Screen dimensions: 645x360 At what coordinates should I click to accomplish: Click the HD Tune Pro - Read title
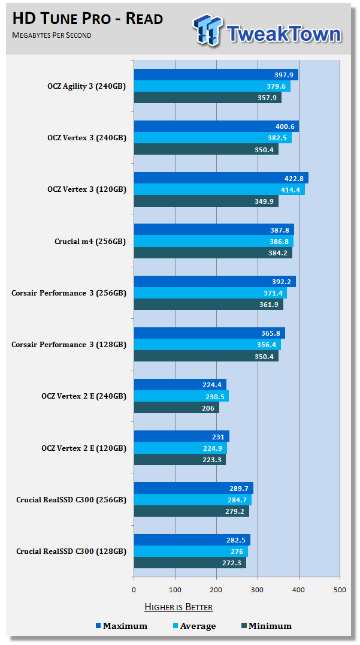(87, 19)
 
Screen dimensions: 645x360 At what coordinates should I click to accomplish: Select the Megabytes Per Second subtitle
(52, 35)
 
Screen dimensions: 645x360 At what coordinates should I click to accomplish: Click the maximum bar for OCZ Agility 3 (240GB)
(216, 75)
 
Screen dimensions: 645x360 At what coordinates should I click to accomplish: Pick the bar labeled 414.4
(219, 189)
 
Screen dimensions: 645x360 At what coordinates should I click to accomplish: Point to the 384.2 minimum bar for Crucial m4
(213, 253)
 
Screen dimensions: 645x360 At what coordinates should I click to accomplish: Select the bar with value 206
(176, 408)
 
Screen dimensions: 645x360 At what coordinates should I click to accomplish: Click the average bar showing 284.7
(192, 499)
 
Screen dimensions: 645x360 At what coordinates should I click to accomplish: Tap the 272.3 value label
(231, 563)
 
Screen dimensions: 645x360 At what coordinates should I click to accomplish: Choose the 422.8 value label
(295, 178)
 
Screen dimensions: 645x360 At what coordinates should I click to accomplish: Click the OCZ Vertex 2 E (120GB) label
(84, 448)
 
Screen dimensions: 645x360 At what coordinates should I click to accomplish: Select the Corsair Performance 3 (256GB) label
(69, 293)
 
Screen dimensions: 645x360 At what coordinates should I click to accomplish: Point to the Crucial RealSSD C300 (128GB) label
(71, 551)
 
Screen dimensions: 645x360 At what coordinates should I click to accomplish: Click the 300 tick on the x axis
(258, 590)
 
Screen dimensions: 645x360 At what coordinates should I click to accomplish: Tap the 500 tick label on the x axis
(340, 590)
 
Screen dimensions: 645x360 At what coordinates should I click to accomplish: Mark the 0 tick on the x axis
(134, 590)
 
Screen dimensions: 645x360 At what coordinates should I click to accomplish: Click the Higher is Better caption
(179, 607)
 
